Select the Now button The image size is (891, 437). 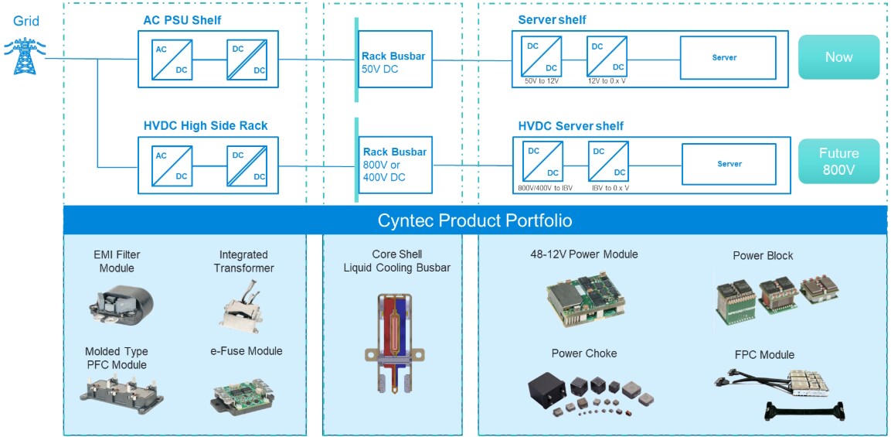838,57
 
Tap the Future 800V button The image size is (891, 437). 838,161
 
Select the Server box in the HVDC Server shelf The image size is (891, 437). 729,164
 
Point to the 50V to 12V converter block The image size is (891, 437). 540,57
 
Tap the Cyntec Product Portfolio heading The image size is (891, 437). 474,220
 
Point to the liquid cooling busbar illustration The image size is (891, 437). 393,339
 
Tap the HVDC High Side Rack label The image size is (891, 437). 206,125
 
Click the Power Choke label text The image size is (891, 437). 583,353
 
